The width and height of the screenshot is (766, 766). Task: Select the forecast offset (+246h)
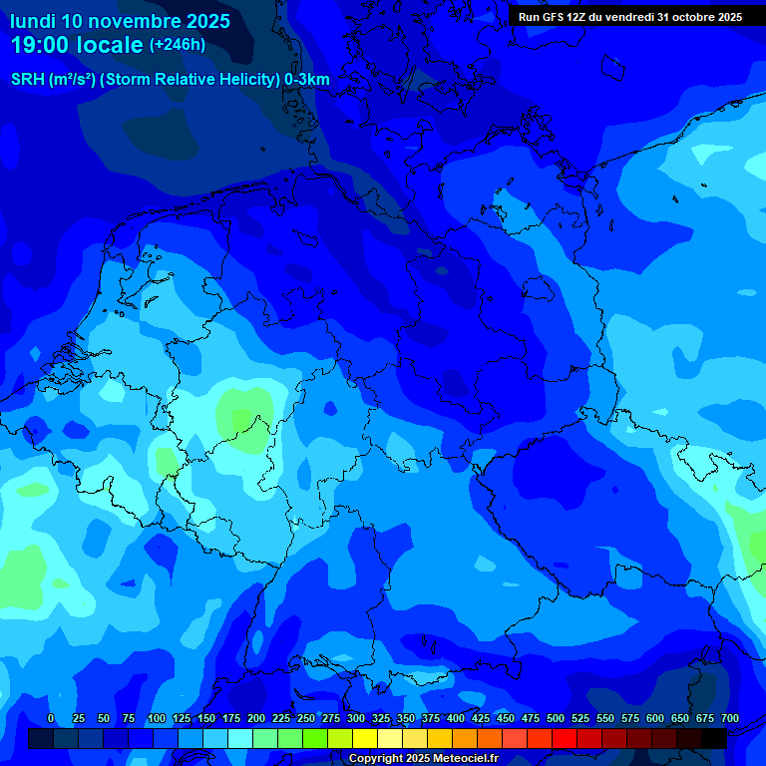point(177,45)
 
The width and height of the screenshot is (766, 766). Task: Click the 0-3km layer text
point(307,79)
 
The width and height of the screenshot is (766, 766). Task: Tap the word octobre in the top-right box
point(695,17)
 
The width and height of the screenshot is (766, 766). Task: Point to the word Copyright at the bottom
point(377,759)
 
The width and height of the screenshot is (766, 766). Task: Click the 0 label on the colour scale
point(51,718)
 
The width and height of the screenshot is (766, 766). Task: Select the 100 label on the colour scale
point(157,718)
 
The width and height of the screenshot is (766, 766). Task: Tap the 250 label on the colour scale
point(306,718)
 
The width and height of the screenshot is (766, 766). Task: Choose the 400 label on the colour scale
point(456,718)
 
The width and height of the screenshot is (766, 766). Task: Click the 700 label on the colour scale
point(730,718)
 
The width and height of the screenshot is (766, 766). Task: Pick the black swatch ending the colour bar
point(714,738)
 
